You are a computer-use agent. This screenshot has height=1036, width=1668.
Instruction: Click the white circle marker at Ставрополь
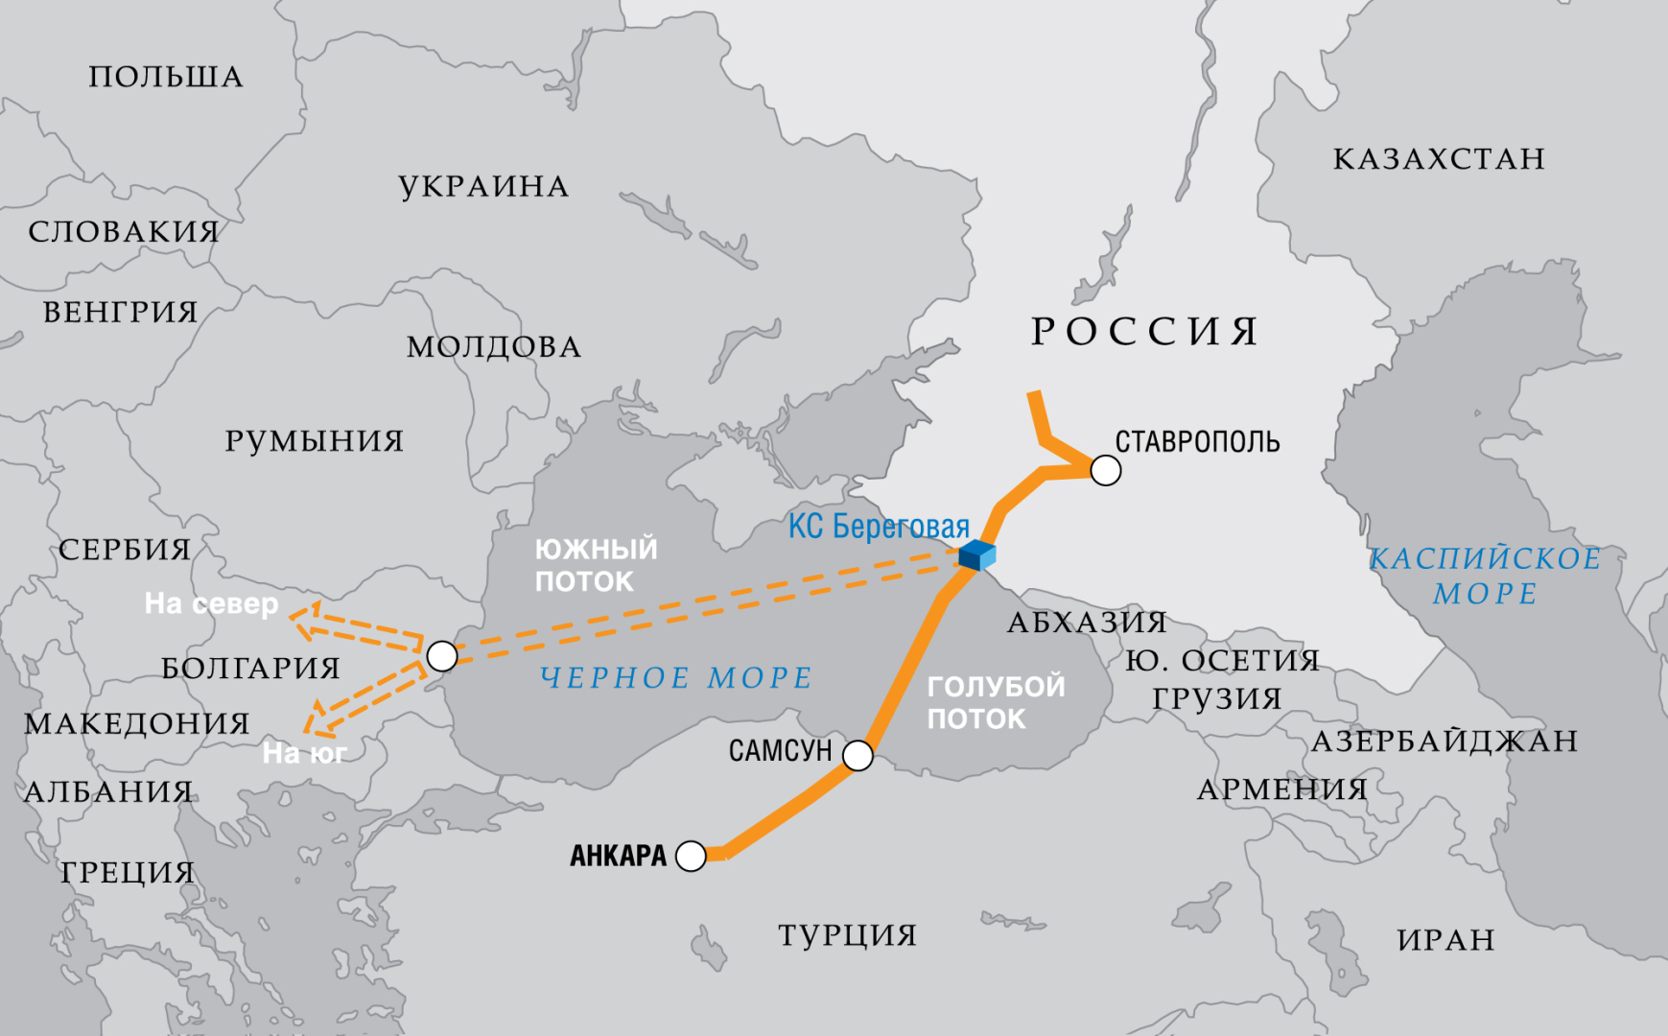pos(1105,470)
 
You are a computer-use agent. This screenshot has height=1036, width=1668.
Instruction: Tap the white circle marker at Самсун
pos(857,756)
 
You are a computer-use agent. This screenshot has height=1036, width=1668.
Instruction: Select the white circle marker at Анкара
pos(691,856)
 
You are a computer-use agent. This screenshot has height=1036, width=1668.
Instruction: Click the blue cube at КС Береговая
pos(977,554)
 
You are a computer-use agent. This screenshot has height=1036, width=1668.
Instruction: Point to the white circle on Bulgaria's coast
pos(441,656)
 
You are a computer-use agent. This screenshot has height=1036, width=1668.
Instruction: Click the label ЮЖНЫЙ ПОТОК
pos(596,565)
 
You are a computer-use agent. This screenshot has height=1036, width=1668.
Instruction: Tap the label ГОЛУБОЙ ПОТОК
pos(995,702)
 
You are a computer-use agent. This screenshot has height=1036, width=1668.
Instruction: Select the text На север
pos(211,603)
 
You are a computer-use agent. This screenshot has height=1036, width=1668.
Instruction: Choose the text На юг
pos(304,754)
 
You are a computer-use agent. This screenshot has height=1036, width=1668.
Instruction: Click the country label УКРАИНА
pos(483,186)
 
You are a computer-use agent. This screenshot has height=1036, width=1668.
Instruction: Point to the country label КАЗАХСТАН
pos(1439,158)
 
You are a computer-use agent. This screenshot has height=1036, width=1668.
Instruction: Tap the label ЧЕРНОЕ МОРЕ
pos(675,678)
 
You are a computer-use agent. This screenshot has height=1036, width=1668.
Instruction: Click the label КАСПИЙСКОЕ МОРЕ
pos(1484,576)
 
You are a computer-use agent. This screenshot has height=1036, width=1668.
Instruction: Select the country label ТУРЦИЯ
pos(847,934)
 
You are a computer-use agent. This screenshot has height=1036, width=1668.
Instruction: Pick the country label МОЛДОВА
pos(494,346)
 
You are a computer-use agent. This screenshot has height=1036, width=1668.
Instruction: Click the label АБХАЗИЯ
pos(1087,623)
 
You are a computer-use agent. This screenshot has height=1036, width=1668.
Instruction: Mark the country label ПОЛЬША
pos(166,77)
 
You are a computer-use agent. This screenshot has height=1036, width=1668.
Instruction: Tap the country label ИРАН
pos(1445,939)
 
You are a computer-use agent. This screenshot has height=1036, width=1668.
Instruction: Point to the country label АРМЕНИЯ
pos(1281,789)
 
